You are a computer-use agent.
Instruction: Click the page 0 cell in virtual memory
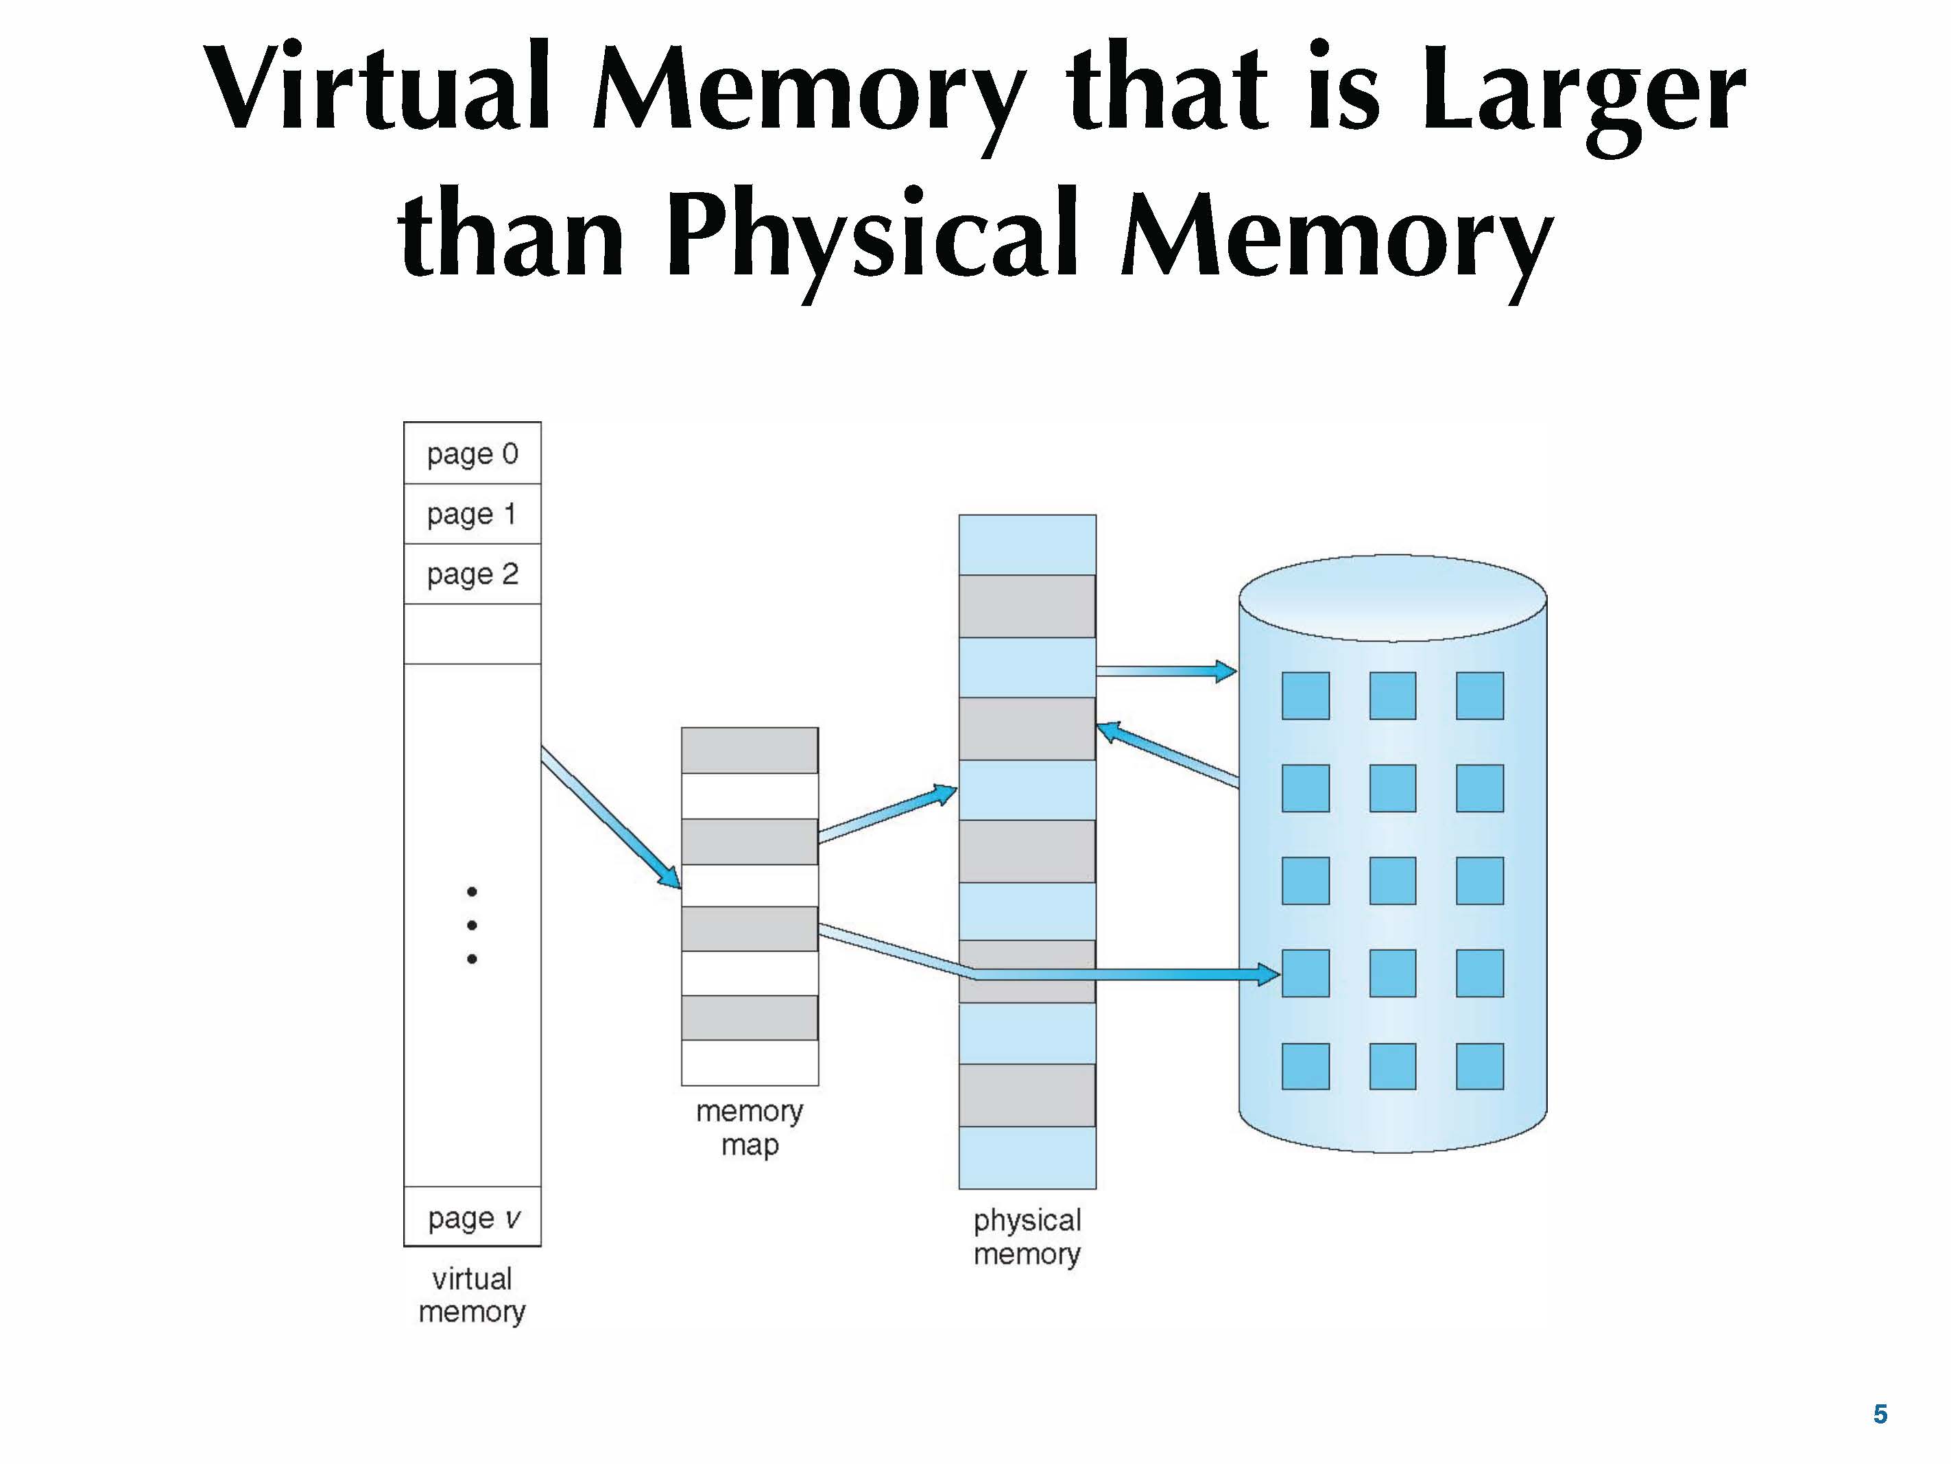coord(472,453)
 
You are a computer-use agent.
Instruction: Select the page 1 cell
coord(472,514)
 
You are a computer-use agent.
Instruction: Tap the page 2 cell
coord(472,574)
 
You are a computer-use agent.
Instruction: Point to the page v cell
coord(472,1218)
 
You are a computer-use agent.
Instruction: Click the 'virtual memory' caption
coord(472,1295)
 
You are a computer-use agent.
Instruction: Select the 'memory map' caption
coord(750,1128)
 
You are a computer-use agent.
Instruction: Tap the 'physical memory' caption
coord(1027,1236)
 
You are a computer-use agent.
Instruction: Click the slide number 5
coord(1880,1414)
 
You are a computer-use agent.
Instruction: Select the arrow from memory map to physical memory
coord(887,813)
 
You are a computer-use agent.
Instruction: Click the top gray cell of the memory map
coord(750,750)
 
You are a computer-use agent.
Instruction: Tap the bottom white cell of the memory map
coord(750,1063)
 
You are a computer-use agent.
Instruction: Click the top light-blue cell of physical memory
coord(1027,545)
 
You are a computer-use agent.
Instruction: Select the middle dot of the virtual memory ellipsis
coord(472,925)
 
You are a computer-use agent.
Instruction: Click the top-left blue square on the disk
coord(1306,696)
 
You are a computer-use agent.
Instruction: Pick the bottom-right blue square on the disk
coord(1479,1066)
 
